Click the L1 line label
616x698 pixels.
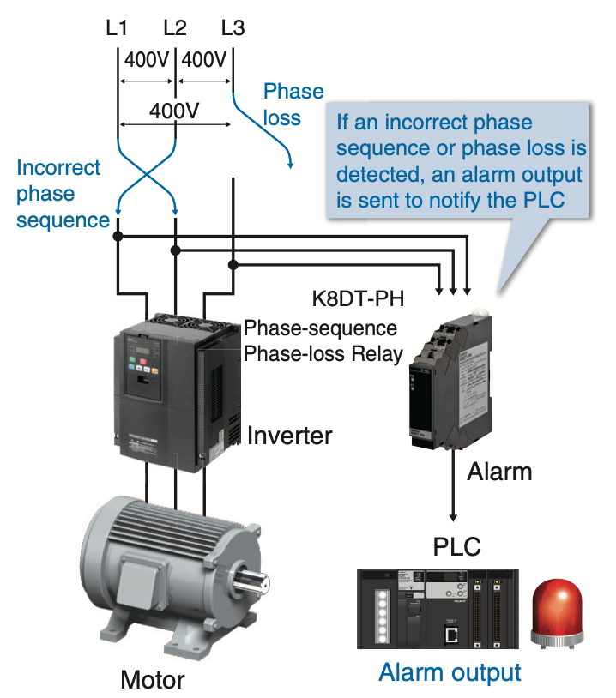117,27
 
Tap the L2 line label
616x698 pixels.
174,27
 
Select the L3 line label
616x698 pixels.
233,27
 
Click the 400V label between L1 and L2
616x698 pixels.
147,61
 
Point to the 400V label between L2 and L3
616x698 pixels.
204,61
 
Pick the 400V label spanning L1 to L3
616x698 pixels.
174,111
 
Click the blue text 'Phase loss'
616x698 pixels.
287,104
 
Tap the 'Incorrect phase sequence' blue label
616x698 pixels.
60,194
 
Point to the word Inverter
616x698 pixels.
289,436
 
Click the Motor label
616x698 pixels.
152,680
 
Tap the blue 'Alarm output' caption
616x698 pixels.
450,671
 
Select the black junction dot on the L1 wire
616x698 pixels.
118,235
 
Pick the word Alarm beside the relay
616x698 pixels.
499,471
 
